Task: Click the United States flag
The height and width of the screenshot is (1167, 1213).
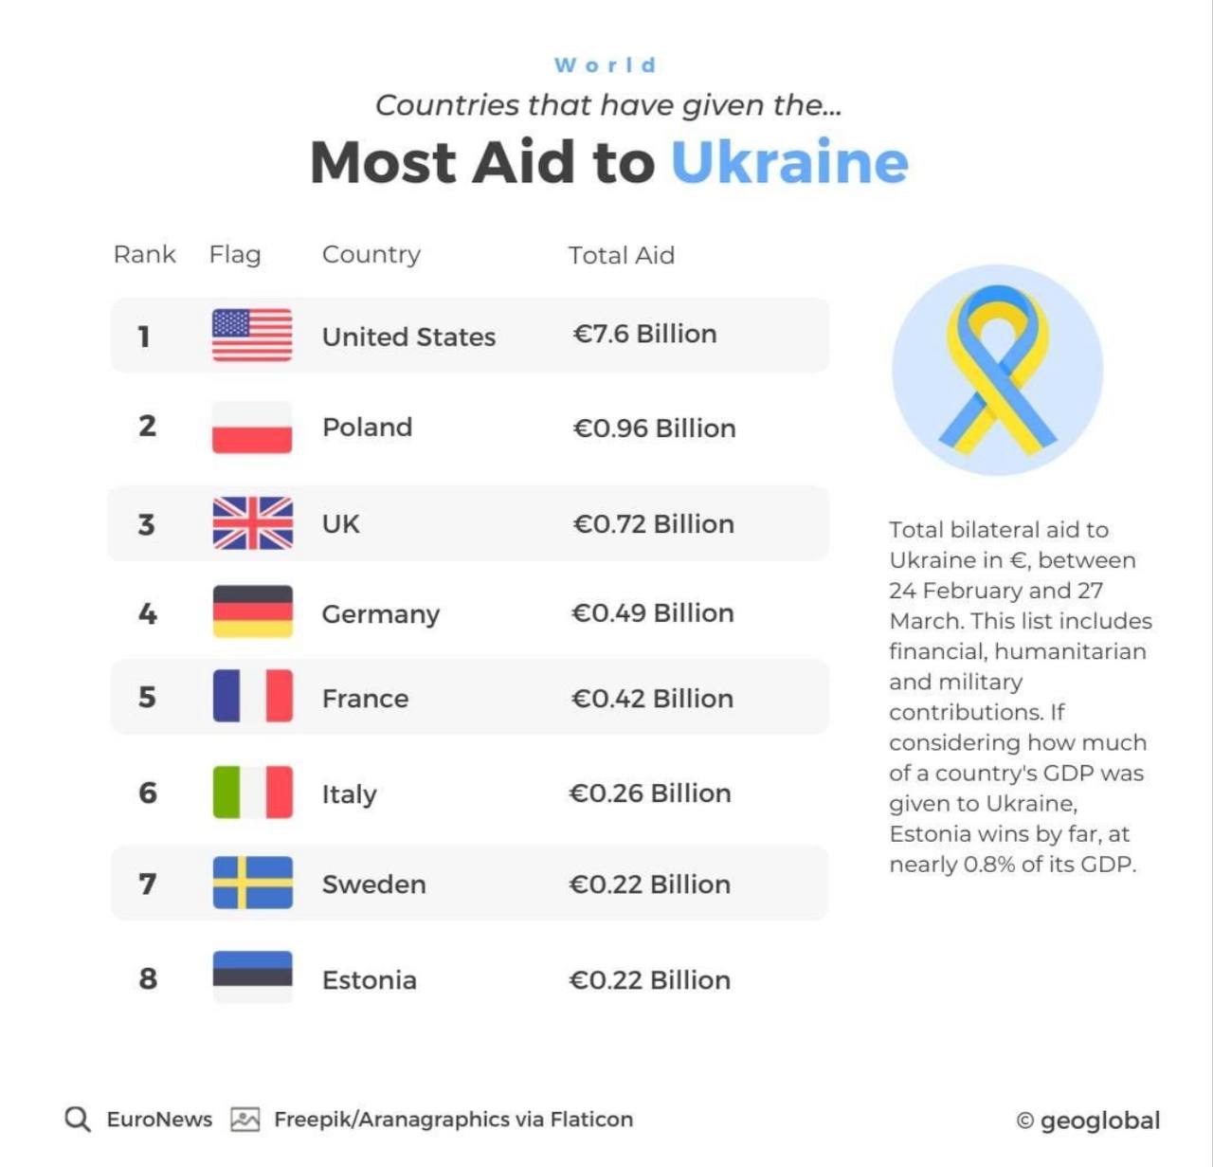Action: [x=252, y=336]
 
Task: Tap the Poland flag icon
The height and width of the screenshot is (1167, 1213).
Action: [x=252, y=428]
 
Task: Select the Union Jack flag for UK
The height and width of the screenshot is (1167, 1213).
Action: [x=252, y=523]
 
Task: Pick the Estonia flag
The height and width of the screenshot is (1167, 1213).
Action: [x=252, y=976]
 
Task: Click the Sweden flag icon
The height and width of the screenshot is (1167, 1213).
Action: [x=252, y=883]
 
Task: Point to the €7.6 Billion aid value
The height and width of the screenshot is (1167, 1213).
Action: [x=644, y=334]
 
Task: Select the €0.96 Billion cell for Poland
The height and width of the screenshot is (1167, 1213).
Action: [x=654, y=429]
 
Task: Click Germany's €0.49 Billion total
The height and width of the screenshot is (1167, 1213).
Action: [x=652, y=613]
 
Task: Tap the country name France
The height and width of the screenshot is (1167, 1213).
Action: [x=365, y=699]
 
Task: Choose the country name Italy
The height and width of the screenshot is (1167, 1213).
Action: [x=349, y=794]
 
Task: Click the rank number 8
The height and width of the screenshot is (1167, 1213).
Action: [x=148, y=978]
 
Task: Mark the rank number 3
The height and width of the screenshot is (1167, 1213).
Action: [x=146, y=524]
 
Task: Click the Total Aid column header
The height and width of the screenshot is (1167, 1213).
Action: [x=621, y=255]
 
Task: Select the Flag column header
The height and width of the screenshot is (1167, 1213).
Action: [x=234, y=254]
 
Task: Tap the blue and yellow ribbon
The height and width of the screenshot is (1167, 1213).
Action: [x=997, y=370]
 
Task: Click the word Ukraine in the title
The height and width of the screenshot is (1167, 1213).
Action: [x=789, y=162]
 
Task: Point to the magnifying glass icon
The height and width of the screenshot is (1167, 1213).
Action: [x=78, y=1120]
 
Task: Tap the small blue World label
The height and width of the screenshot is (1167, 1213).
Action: [x=606, y=65]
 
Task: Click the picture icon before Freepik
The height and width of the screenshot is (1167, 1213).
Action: [x=244, y=1120]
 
